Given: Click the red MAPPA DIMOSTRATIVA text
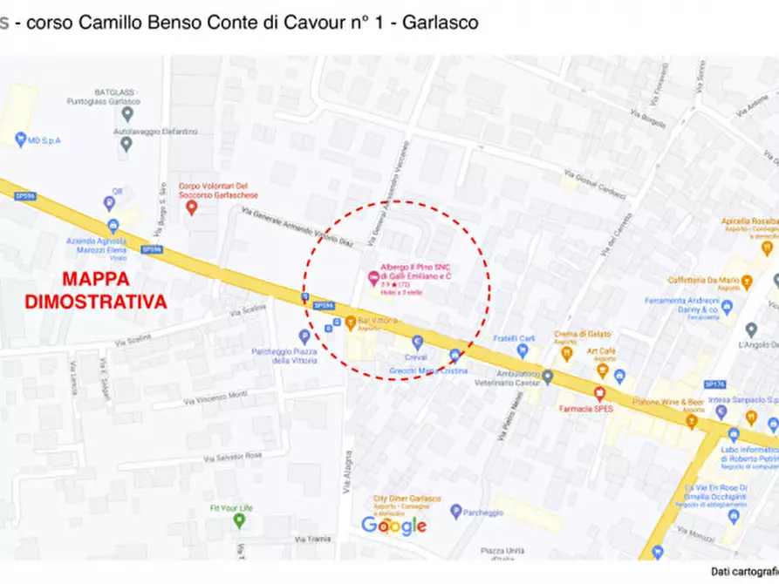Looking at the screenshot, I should [96, 291].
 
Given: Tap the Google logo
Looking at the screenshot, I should [393, 525].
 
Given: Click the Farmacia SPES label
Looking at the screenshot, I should [591, 408].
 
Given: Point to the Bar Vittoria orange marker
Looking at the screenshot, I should [351, 323].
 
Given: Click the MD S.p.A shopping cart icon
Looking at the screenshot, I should [20, 139].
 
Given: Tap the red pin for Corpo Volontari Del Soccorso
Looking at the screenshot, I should [192, 207].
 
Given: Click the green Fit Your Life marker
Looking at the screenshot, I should [239, 521].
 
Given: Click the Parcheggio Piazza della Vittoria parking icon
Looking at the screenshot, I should [304, 336].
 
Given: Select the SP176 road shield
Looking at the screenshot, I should [714, 384].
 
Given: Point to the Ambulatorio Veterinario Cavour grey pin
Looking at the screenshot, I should [547, 377].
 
